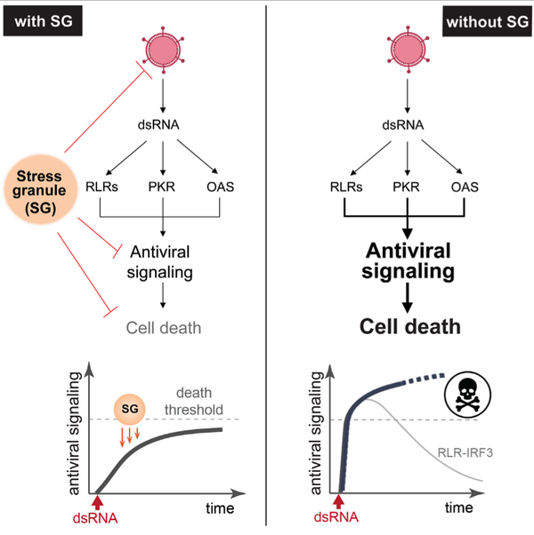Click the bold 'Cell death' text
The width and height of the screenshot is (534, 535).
pos(405,328)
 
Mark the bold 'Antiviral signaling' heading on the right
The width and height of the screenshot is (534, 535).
pos(404,255)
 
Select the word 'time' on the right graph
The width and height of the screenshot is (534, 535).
pos(460,508)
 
